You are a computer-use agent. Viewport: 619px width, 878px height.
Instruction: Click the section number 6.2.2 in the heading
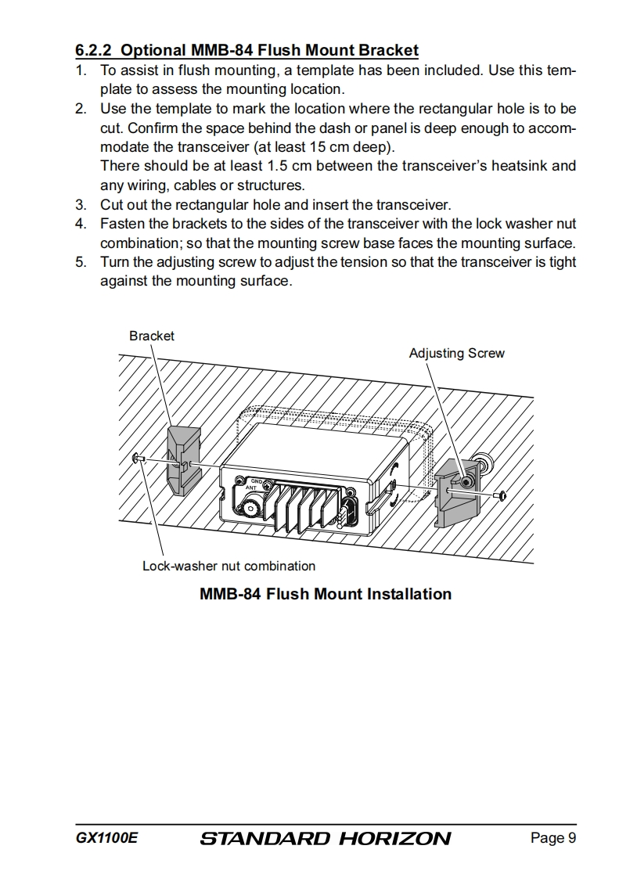(x=95, y=51)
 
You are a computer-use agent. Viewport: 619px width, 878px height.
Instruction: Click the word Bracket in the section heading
(x=388, y=51)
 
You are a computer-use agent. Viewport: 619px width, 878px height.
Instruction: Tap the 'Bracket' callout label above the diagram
(x=152, y=336)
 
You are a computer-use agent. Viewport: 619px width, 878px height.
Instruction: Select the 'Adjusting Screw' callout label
(x=456, y=353)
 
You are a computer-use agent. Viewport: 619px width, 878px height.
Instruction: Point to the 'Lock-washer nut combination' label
(x=229, y=566)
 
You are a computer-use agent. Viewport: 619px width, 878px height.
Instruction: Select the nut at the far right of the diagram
(x=502, y=495)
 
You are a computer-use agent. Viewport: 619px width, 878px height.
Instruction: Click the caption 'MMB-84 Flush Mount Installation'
(x=326, y=594)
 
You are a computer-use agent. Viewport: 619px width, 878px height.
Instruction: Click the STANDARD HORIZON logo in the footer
(x=326, y=839)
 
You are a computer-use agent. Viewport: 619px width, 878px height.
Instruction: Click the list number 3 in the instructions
(x=81, y=205)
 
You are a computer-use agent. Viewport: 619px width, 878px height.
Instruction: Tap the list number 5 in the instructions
(x=81, y=261)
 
